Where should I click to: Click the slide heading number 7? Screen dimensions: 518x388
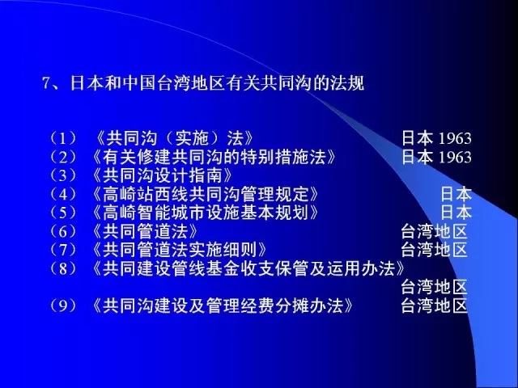45,83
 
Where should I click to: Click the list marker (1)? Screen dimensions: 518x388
63,138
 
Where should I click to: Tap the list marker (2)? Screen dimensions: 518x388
63,157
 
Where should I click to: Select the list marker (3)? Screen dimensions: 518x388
63,175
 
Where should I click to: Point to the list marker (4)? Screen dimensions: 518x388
63,194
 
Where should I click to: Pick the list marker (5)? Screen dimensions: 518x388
63,213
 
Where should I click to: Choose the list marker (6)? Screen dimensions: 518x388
63,231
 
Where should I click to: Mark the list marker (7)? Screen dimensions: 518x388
63,250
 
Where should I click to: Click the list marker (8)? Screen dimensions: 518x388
63,268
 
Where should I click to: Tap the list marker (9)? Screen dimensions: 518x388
63,306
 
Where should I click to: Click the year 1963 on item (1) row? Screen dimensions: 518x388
455,139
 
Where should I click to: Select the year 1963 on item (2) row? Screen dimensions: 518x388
455,158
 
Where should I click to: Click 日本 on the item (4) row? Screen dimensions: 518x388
456,194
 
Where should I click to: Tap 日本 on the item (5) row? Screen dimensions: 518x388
456,213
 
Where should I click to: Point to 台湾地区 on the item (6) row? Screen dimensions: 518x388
434,231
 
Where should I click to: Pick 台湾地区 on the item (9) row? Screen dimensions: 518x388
434,306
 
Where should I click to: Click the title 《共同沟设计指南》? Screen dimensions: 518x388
162,175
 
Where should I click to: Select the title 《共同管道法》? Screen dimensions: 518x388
145,231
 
